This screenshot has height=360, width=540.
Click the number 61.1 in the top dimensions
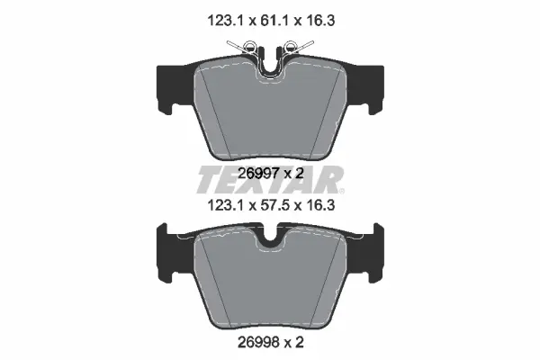(272, 21)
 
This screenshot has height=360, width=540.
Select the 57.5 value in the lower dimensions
(272, 206)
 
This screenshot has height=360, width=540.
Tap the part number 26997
(258, 174)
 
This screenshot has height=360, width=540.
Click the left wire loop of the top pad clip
(249, 46)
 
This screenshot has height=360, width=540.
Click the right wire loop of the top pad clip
(291, 46)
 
